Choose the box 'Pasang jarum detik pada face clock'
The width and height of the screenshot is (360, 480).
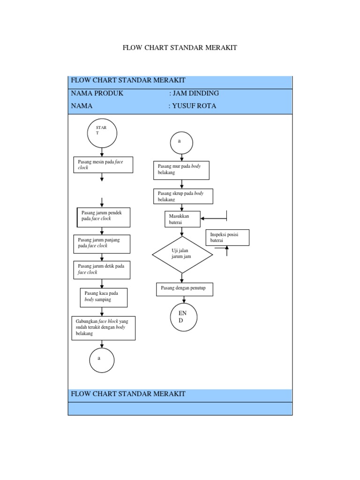click(x=102, y=270)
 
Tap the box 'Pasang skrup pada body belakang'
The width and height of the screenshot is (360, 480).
click(x=183, y=196)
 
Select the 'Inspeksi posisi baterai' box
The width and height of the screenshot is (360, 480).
click(x=227, y=238)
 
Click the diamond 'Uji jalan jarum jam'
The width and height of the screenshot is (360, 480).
click(x=182, y=255)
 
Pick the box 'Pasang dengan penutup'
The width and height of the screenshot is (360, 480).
click(x=184, y=289)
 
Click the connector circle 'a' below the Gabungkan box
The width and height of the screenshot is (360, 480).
click(x=102, y=359)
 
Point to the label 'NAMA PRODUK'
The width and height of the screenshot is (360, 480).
click(x=97, y=93)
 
